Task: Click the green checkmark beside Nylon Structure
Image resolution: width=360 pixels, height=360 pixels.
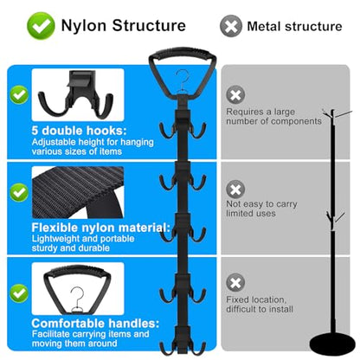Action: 41,26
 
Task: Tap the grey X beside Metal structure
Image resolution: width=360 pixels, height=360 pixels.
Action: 231,26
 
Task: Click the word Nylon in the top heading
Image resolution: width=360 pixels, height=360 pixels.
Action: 84,26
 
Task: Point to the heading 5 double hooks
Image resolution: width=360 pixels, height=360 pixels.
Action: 79,131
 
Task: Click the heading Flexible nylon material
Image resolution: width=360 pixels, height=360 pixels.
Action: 101,228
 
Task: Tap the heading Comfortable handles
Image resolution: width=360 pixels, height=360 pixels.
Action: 95,324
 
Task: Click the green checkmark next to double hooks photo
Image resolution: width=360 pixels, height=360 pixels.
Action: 19,94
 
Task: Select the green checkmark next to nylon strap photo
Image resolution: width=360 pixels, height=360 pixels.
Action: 19,192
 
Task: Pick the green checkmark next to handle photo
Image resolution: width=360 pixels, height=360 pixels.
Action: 19,293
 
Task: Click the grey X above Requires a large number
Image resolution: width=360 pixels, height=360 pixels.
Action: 235,94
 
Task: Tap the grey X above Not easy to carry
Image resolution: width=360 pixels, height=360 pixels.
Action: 235,190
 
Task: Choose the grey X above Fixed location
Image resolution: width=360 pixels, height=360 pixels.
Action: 235,282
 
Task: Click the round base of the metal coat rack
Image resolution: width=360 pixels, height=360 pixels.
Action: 332,344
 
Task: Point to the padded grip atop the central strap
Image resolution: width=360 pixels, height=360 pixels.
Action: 183,54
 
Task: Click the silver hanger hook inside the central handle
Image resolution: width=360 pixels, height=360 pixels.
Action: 183,81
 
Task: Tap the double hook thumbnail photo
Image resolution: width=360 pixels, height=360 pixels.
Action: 78,95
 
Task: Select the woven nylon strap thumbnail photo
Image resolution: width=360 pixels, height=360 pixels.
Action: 78,192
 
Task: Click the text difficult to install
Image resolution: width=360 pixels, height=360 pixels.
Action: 260,309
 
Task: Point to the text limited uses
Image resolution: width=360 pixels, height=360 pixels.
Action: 251,214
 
